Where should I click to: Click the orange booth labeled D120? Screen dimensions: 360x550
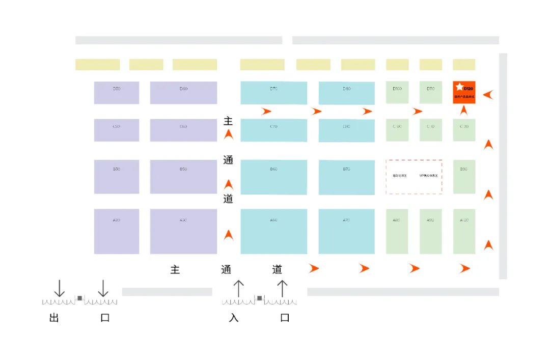pos(464,92)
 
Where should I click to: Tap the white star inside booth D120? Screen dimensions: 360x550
pos(459,87)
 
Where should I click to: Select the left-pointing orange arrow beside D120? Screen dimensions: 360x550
pos(488,94)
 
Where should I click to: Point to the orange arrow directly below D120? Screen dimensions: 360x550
pos(464,110)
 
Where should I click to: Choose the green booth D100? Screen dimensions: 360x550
pos(397,92)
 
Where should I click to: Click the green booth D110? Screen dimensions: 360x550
pos(430,92)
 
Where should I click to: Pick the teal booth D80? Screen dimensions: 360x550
pos(346,93)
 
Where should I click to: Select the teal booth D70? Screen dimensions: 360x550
pos(273,93)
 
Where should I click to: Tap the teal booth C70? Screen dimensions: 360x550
pos(273,130)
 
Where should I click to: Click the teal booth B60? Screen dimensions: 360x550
pos(273,177)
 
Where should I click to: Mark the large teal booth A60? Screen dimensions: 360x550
pos(273,231)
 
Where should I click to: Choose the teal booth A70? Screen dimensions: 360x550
pos(346,231)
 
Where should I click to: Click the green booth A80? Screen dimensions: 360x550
pos(397,231)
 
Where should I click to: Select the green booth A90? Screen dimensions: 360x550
pos(430,231)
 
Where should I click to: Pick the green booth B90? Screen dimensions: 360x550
pos(464,177)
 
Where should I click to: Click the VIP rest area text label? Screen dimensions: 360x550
pos(428,176)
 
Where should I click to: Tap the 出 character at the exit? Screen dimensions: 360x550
pos(54,318)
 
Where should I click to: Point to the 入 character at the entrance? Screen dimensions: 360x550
pos(234,318)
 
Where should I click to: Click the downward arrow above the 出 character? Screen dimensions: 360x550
pos(60,288)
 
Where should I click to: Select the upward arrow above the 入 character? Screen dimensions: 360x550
pos(238,288)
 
